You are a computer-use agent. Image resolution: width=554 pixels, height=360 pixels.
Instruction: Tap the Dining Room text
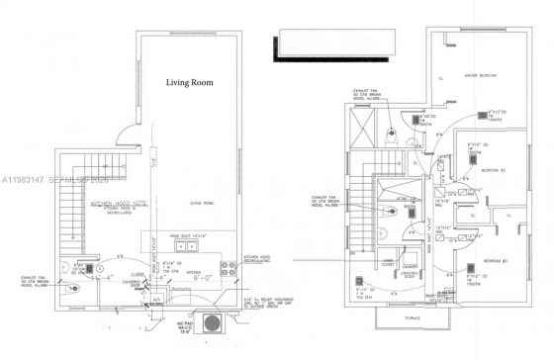pos(187,205)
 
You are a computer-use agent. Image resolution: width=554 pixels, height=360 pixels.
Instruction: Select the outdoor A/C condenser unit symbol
pos(211,323)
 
